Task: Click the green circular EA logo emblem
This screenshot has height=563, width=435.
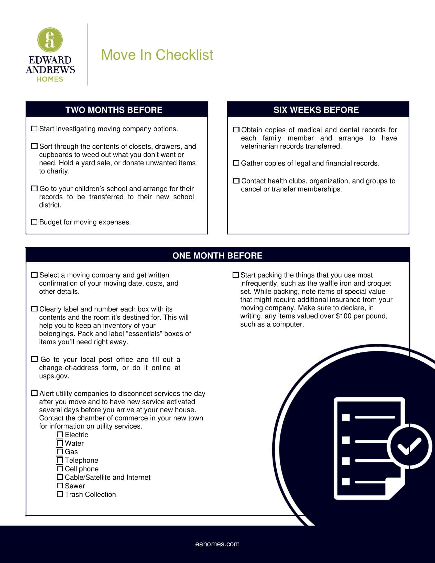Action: point(50,40)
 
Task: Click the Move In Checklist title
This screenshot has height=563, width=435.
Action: point(157,55)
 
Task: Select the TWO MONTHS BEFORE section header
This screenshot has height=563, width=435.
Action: point(114,110)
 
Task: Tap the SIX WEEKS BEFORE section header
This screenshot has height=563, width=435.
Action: point(316,110)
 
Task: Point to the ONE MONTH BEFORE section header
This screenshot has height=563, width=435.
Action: point(217,255)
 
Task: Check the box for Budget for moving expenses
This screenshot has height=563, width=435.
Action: point(34,222)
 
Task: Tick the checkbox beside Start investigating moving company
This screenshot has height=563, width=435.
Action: point(34,129)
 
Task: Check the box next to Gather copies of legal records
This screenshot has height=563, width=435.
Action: point(236,163)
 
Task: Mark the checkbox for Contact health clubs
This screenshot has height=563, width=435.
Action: point(236,181)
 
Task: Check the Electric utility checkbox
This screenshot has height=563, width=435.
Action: point(60,435)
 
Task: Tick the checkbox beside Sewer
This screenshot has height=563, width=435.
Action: point(60,486)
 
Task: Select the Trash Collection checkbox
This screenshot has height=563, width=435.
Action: point(60,494)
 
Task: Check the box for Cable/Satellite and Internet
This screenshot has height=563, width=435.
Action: point(60,477)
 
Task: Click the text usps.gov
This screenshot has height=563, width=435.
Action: point(54,376)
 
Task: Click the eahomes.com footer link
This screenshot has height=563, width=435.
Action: point(217,544)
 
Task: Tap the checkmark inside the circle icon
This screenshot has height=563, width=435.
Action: point(409,447)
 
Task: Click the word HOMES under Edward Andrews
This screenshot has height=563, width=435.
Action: point(50,79)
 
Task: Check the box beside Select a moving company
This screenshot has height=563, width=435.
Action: point(34,275)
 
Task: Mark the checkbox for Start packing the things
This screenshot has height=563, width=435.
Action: point(235,275)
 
